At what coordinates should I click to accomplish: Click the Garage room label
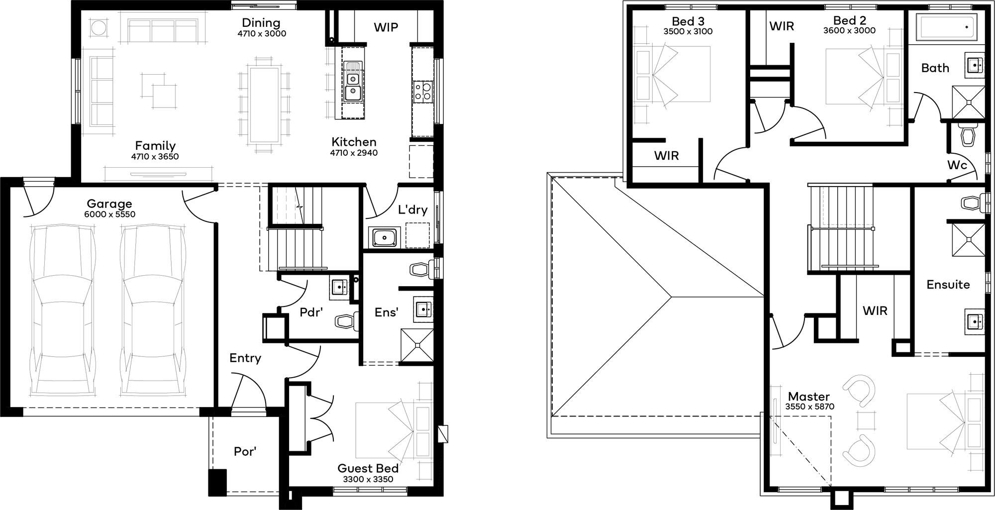coord(109,204)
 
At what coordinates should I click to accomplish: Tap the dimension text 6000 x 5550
coord(109,214)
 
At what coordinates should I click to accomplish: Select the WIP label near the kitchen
coord(386,27)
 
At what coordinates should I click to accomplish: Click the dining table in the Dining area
coord(264,104)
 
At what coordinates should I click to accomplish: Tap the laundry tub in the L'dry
coord(384,237)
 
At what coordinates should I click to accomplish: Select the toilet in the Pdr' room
coord(347,321)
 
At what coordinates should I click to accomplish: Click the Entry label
coord(245,358)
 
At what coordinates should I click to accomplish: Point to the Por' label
coord(245,451)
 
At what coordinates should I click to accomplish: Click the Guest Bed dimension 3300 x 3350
coord(368,480)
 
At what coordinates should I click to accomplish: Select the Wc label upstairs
coord(957,165)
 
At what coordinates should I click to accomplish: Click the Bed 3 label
coord(688,21)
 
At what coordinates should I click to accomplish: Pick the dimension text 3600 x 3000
coord(849,30)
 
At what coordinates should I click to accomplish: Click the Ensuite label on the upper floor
coord(948,285)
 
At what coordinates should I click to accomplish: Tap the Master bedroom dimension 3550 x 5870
coord(809,407)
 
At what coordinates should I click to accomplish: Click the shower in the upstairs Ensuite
coord(968,240)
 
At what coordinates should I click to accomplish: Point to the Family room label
coord(155,146)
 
